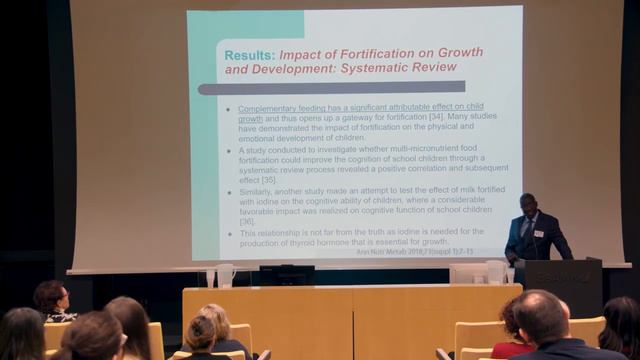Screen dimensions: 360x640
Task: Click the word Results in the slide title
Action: point(249,53)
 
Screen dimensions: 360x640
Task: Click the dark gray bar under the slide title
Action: point(331,88)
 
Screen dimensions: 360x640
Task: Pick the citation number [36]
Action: point(247,221)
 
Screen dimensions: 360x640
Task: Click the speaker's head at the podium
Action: point(527,203)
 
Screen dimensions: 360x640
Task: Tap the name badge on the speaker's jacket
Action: point(539,233)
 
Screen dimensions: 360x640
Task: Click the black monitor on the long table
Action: point(286,274)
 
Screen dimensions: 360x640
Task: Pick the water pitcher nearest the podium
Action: point(494,271)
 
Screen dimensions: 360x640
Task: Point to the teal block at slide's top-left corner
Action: point(245,24)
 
